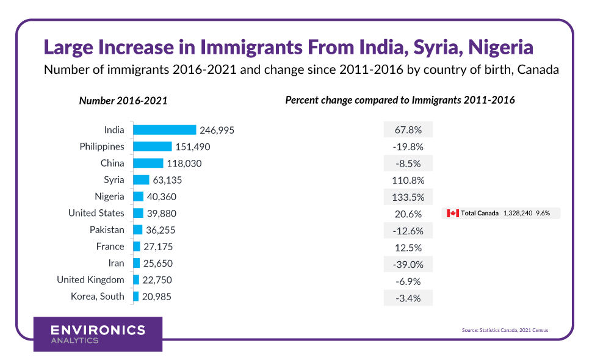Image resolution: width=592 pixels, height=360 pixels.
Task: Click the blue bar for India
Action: [x=164, y=130]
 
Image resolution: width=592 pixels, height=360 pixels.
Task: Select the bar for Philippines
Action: [x=152, y=146]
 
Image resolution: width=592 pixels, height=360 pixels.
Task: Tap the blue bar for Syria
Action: [x=141, y=179]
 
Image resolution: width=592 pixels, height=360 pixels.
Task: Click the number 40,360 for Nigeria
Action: [x=164, y=196]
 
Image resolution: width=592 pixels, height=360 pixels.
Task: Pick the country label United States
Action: [x=96, y=213]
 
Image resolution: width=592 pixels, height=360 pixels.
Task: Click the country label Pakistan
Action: [x=107, y=230]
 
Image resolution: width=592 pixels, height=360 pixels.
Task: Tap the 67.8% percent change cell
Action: [x=408, y=130]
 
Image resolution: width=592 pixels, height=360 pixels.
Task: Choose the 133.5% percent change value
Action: [x=408, y=196]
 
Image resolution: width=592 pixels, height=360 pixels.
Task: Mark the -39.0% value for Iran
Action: [x=408, y=264]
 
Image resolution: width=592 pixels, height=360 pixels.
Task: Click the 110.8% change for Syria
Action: [x=408, y=180]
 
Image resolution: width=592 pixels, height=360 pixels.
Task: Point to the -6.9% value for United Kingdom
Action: [x=408, y=280]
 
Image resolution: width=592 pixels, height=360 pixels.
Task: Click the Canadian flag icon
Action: [x=452, y=213]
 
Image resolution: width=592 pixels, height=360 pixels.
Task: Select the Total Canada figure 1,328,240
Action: [x=518, y=213]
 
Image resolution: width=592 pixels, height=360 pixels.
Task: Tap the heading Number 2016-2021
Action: [x=123, y=101]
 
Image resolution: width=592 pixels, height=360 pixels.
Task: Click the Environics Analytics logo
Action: [x=98, y=334]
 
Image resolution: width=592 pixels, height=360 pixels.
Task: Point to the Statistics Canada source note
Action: [x=505, y=330]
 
